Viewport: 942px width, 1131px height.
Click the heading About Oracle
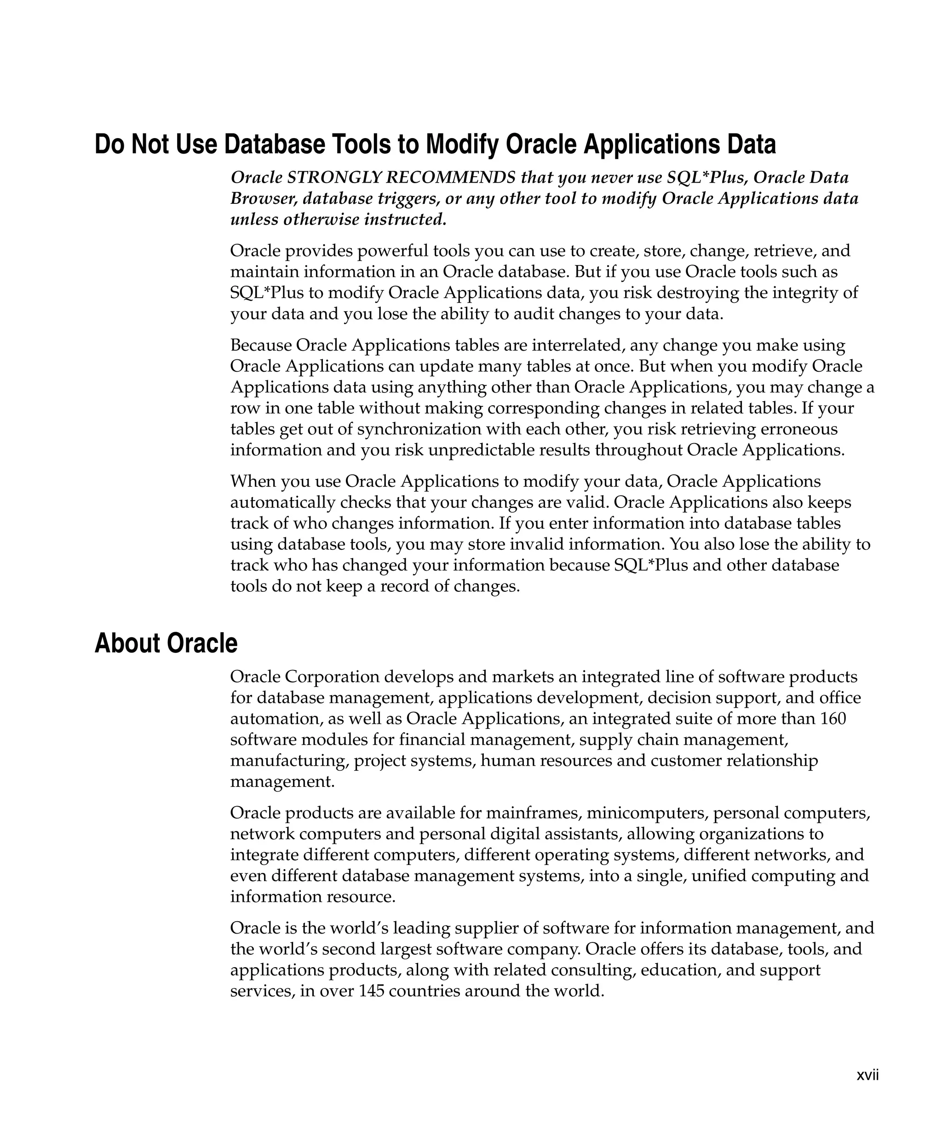pos(166,644)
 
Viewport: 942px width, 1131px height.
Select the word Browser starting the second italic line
pos(263,199)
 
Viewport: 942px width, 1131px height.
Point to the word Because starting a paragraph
pos(260,345)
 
